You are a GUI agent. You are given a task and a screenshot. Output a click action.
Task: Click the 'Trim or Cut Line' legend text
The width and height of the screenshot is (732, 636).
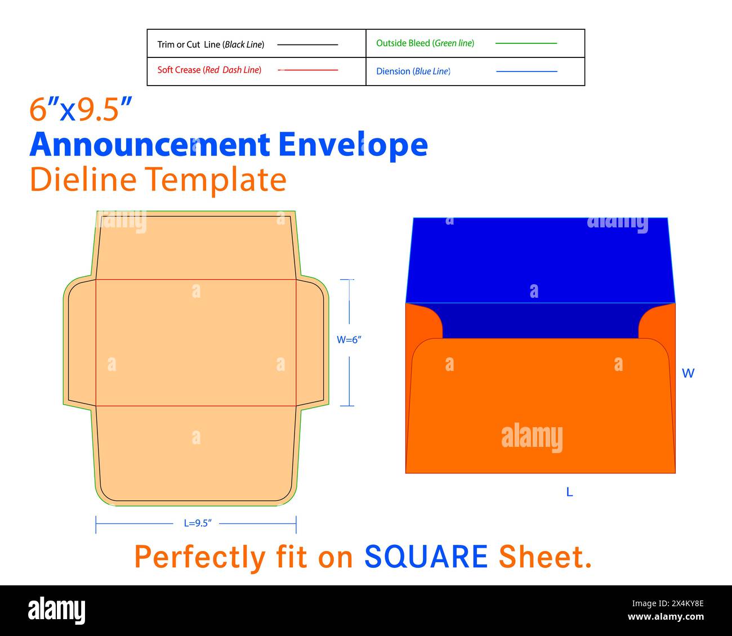[211, 44]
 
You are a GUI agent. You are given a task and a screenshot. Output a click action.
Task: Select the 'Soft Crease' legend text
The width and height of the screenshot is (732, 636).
[209, 70]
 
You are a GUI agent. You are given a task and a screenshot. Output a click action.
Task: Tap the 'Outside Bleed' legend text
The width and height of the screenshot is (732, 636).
[425, 43]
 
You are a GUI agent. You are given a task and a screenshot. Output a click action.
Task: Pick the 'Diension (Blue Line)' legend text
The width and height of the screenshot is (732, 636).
[413, 71]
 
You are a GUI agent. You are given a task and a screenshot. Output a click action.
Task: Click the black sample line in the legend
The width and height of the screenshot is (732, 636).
[307, 44]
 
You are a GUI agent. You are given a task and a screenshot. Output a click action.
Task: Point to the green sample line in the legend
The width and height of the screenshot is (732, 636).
[526, 43]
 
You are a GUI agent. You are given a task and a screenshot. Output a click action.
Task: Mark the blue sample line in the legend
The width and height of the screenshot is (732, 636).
[526, 71]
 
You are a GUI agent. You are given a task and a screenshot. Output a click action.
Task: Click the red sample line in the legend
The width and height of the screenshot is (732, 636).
[308, 70]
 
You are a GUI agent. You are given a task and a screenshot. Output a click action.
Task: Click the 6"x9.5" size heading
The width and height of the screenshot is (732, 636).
[81, 109]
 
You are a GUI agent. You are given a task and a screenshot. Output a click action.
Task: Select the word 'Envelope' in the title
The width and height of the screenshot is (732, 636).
[353, 145]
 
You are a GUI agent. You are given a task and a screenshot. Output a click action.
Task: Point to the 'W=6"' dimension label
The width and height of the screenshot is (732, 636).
[349, 340]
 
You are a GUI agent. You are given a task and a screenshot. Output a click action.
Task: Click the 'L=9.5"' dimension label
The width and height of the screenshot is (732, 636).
[198, 523]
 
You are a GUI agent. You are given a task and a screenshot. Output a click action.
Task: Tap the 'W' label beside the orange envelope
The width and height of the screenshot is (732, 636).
[688, 373]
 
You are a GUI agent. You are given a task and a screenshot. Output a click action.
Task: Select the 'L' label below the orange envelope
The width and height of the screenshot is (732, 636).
[569, 492]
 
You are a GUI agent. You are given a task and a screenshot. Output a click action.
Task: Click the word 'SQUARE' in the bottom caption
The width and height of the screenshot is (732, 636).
[426, 557]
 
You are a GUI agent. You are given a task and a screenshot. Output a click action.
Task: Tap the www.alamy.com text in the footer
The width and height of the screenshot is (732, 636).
[666, 617]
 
